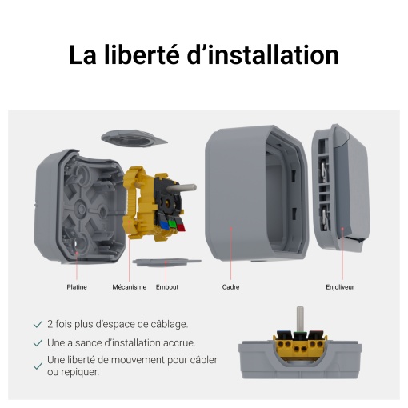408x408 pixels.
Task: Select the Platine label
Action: pyautogui.click(x=77, y=286)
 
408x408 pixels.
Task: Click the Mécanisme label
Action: pyautogui.click(x=129, y=286)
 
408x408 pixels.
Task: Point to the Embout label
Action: pyautogui.click(x=167, y=286)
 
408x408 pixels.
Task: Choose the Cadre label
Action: pyautogui.click(x=230, y=286)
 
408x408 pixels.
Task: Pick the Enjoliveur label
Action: pyautogui.click(x=340, y=286)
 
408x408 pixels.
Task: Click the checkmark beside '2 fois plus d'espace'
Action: pyautogui.click(x=38, y=324)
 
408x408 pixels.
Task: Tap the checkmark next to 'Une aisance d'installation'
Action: pyautogui.click(x=38, y=342)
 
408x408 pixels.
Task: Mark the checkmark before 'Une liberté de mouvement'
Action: pyautogui.click(x=38, y=366)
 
